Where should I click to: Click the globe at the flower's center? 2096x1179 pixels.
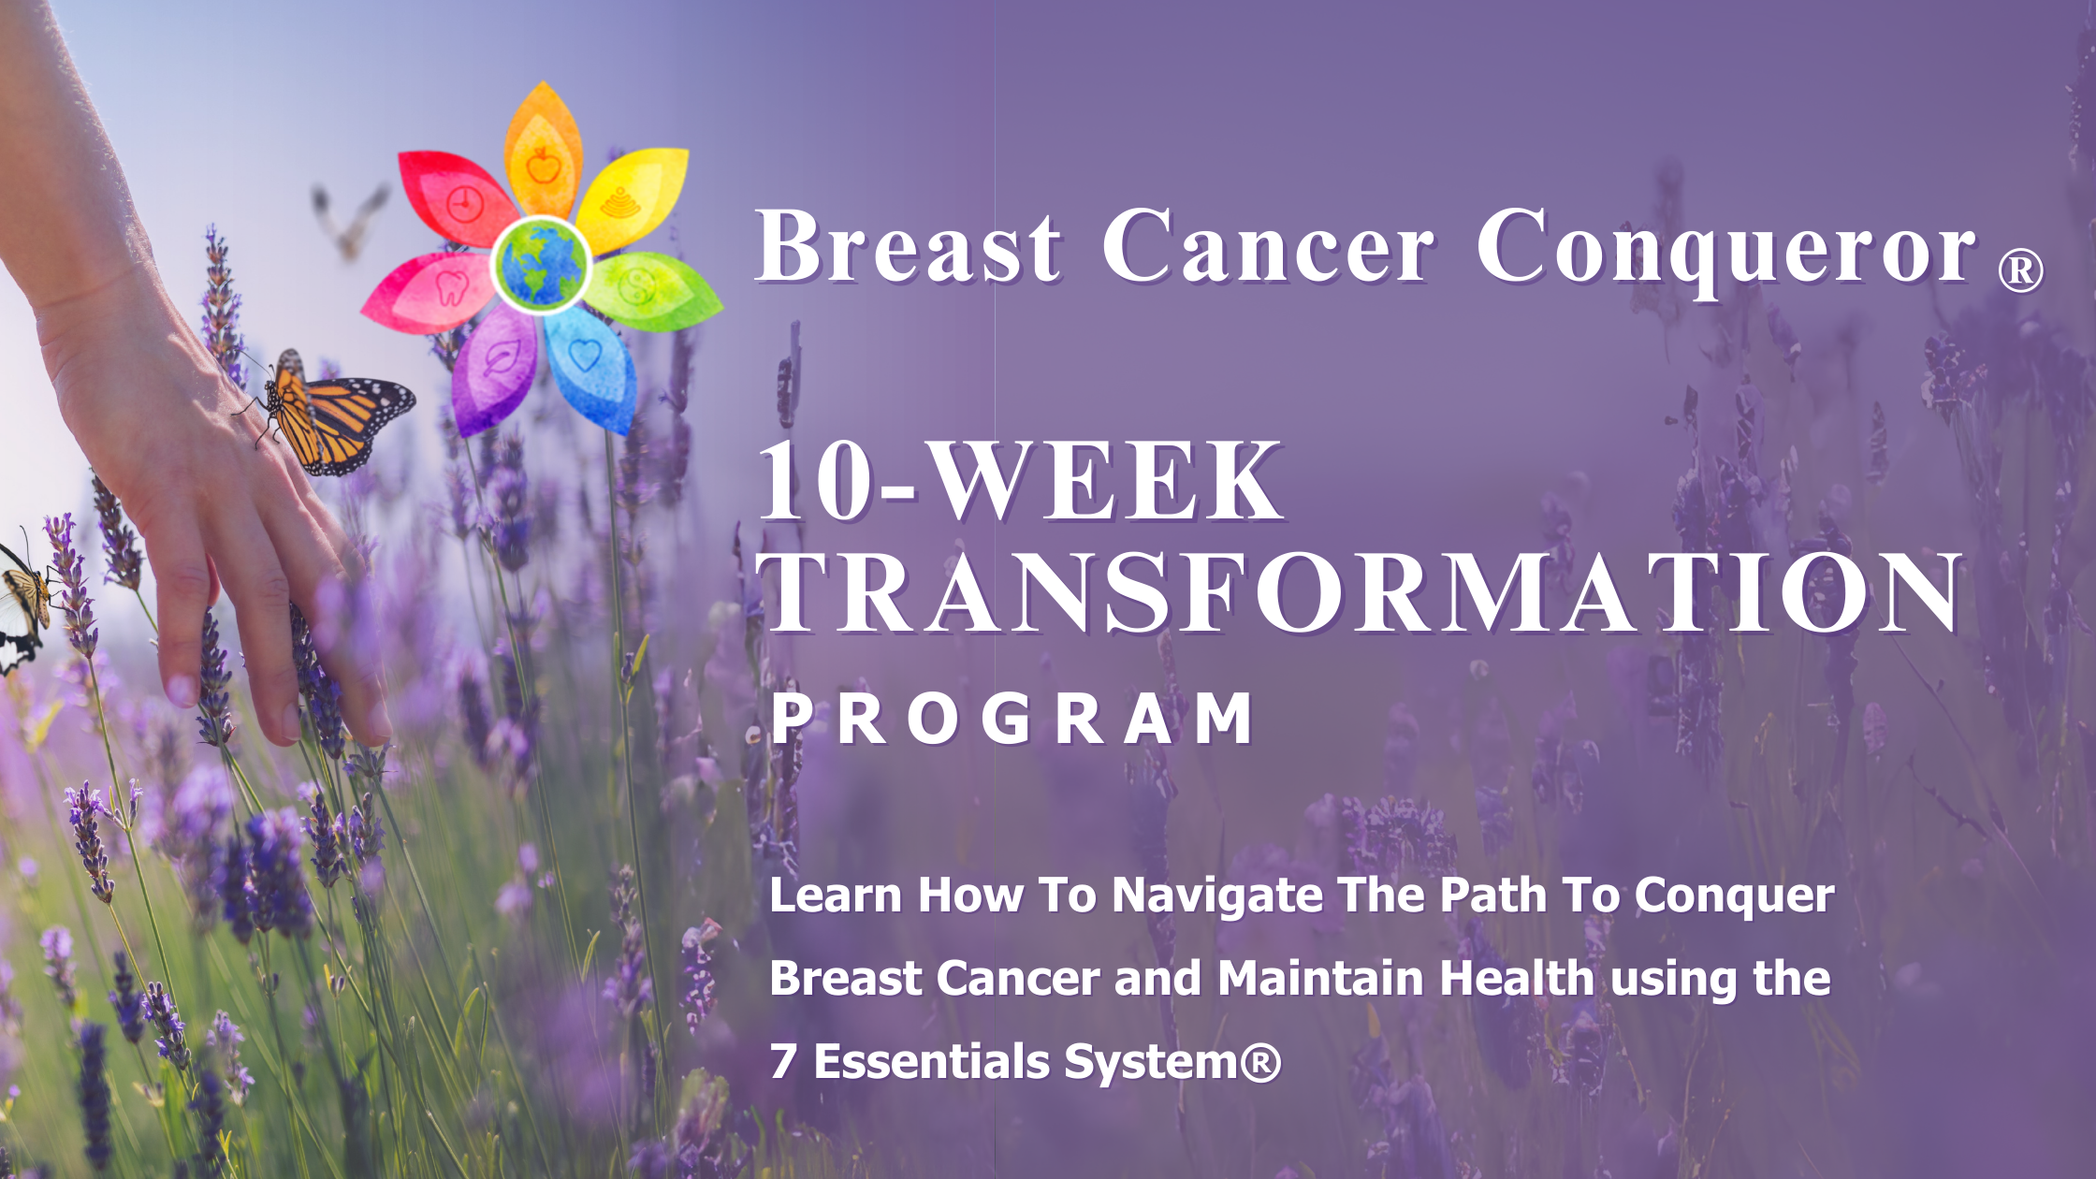click(541, 265)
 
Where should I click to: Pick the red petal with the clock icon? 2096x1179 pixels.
click(456, 198)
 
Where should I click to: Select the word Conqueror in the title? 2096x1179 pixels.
click(1726, 249)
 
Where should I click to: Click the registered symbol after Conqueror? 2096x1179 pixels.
click(2021, 271)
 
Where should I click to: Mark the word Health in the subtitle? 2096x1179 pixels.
click(1517, 978)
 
